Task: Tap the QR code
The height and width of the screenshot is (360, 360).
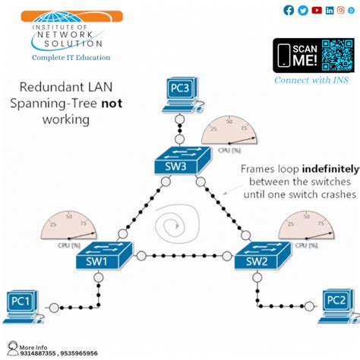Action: click(337, 55)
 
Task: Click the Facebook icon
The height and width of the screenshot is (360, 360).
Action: click(289, 10)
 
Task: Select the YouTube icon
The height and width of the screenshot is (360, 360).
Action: click(316, 10)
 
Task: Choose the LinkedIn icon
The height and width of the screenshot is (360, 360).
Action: click(329, 10)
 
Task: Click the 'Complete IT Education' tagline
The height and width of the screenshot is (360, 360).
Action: click(71, 57)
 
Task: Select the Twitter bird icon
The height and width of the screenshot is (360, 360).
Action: click(302, 10)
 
